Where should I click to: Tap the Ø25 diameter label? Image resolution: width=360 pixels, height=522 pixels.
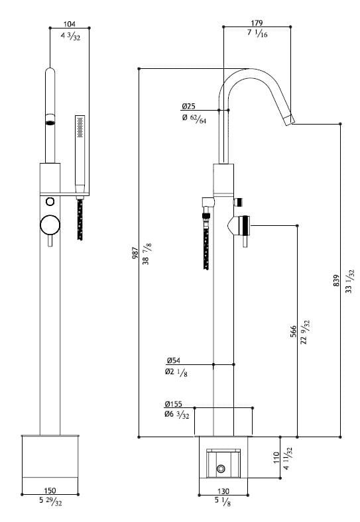[x=189, y=106]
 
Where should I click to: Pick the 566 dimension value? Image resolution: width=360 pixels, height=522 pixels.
[x=293, y=331]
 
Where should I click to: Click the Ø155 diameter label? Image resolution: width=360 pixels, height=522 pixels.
[x=174, y=403]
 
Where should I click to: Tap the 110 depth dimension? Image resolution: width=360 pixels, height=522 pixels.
[x=276, y=458]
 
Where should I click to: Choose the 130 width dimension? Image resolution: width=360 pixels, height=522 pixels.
[x=223, y=491]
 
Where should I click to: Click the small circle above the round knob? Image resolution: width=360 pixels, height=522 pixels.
[x=50, y=201]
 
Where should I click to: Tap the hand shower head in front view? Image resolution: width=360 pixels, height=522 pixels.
[x=80, y=127]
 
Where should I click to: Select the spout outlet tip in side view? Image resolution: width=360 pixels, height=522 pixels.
[x=288, y=120]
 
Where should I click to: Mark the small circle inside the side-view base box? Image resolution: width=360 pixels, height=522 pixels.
[x=221, y=469]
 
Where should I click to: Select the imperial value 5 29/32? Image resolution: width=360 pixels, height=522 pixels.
[x=50, y=503]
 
